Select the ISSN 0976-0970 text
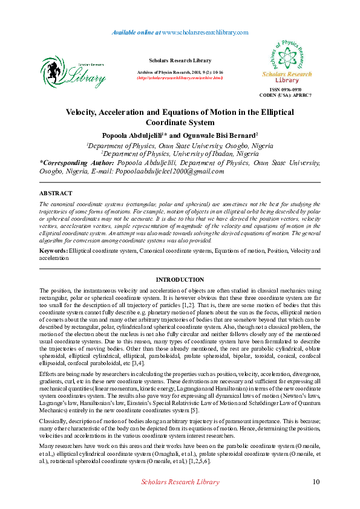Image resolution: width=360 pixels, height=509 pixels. [x=293, y=89]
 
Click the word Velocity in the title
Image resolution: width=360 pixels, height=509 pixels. [x=84, y=112]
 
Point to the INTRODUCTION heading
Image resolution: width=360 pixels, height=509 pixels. [x=180, y=280]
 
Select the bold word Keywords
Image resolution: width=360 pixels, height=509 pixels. [x=53, y=250]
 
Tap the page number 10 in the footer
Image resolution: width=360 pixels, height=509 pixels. [x=316, y=482]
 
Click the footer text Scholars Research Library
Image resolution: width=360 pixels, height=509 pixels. [x=180, y=482]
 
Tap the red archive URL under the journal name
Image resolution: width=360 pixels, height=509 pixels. [x=180, y=78]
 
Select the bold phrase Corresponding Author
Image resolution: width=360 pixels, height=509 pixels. [x=77, y=163]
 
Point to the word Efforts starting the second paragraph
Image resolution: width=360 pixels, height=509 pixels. [x=48, y=374]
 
